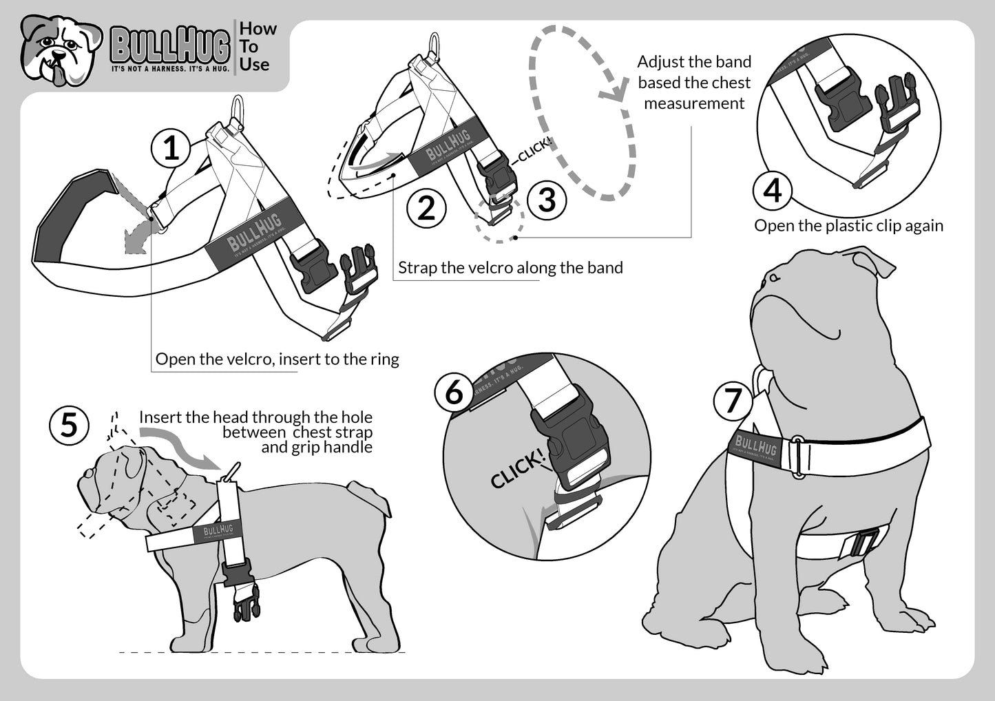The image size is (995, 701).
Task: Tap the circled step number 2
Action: (426, 208)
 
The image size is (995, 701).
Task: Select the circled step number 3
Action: (547, 200)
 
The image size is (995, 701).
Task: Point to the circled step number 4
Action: (773, 190)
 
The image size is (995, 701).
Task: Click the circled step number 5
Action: (70, 425)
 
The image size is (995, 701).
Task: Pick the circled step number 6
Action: (454, 393)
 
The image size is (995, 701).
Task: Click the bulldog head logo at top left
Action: (61, 50)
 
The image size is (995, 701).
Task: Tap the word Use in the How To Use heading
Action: (254, 65)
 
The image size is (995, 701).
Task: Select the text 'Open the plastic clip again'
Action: (848, 226)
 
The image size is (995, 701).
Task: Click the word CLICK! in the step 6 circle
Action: (516, 470)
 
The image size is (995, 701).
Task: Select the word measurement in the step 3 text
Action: (694, 103)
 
